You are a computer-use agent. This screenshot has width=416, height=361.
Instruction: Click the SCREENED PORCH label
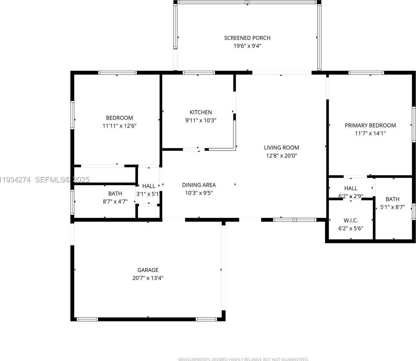click(x=247, y=38)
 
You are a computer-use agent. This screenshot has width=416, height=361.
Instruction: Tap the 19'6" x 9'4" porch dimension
click(x=247, y=46)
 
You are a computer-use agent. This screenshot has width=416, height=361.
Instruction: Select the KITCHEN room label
click(x=201, y=112)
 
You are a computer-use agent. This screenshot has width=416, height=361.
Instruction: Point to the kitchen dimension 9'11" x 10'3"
click(x=201, y=120)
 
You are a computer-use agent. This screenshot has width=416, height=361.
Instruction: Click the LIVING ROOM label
click(x=281, y=148)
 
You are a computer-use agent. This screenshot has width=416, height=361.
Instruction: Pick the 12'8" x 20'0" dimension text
click(x=281, y=156)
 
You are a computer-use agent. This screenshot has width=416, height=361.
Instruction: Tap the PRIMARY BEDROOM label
click(x=370, y=125)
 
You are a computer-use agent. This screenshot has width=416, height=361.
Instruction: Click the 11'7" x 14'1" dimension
click(x=370, y=133)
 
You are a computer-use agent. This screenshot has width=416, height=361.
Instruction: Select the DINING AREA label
click(x=199, y=185)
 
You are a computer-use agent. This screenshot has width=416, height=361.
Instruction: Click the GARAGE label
click(x=148, y=270)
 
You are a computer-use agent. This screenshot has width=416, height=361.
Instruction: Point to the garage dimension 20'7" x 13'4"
click(x=148, y=278)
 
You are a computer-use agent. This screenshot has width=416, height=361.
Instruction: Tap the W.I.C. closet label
click(x=350, y=221)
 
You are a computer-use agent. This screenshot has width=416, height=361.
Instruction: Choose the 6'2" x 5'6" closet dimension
click(x=350, y=228)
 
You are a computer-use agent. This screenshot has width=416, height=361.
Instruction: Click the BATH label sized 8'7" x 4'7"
click(x=115, y=194)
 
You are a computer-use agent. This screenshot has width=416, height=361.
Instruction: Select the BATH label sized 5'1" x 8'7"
click(x=392, y=199)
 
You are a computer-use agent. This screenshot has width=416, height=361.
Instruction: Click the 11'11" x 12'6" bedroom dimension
click(x=119, y=126)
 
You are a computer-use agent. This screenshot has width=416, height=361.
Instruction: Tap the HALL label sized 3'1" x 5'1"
click(x=148, y=186)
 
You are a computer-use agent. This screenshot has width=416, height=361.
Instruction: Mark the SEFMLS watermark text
click(x=62, y=180)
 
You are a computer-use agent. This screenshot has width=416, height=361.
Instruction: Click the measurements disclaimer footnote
click(x=243, y=359)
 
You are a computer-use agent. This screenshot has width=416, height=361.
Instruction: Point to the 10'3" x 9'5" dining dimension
click(x=199, y=193)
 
